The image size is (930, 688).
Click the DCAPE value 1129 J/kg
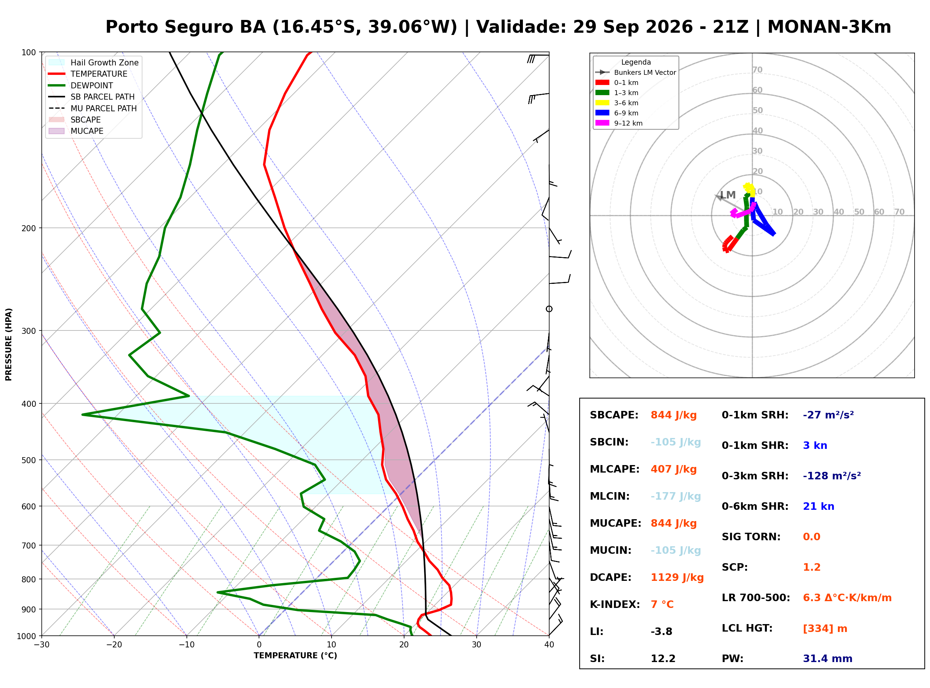(677, 577)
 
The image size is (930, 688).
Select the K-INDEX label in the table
(615, 605)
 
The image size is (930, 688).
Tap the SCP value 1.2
(811, 567)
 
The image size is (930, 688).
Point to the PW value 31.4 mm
(828, 659)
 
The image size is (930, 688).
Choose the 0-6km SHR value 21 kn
(818, 506)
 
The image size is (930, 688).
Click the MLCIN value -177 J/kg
(676, 496)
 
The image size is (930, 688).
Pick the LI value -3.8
(662, 632)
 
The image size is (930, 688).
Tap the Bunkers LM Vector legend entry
(636, 73)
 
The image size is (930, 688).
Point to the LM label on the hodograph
(728, 195)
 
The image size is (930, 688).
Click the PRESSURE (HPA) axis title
(9, 344)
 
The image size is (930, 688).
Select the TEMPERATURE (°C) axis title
(295, 656)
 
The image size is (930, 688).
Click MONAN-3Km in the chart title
(829, 27)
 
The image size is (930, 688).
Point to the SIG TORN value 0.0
(811, 537)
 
